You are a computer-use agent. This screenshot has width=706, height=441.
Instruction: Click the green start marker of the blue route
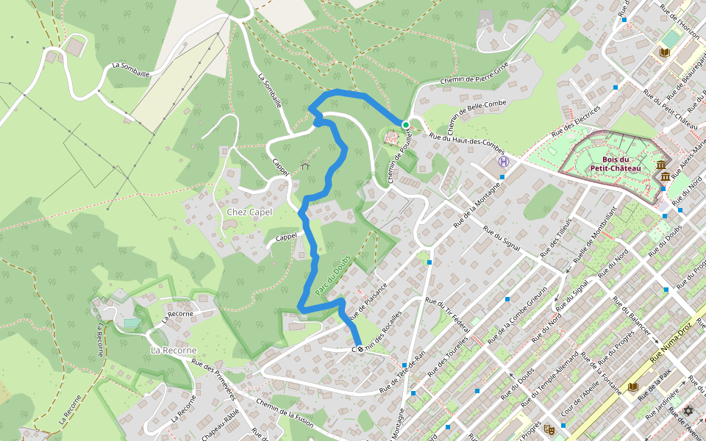click(405, 124)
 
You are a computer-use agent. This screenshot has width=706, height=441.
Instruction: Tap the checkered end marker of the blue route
click(360, 349)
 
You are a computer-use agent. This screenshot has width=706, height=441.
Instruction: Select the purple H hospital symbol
click(503, 162)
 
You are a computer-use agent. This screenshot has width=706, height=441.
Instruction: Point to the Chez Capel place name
click(249, 212)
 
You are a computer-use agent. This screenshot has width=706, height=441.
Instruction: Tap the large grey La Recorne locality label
click(171, 350)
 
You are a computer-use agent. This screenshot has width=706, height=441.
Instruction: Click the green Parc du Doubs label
click(333, 276)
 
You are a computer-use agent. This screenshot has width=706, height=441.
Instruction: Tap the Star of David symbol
click(689, 411)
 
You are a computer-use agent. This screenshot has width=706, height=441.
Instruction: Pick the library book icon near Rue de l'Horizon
click(665, 52)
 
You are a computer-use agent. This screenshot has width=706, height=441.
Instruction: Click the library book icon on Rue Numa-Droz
click(632, 387)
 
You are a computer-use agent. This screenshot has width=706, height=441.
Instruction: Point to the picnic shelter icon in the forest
click(306, 166)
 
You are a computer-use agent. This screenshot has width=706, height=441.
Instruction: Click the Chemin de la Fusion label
click(285, 409)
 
